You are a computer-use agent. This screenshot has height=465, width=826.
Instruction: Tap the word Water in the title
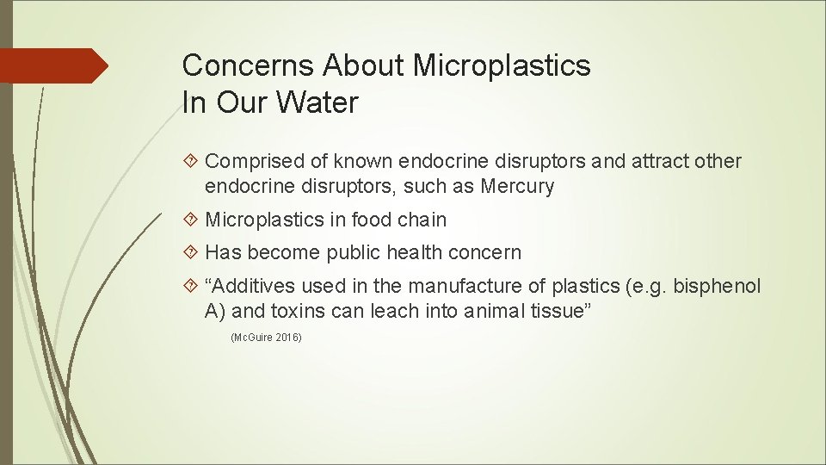(317, 103)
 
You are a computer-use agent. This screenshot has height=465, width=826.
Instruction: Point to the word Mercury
(518, 186)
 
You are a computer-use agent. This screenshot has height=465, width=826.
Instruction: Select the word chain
(422, 220)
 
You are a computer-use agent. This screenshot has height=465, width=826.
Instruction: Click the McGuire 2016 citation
(267, 338)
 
